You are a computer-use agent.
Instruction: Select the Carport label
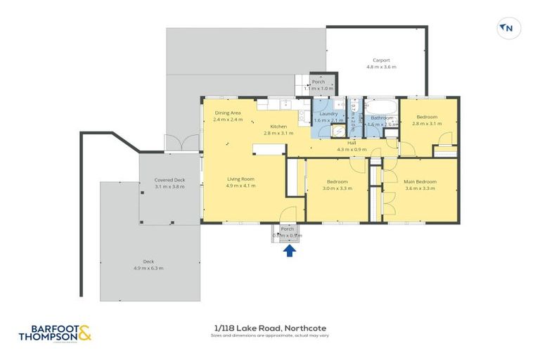(381, 61)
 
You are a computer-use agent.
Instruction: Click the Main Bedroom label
(420, 181)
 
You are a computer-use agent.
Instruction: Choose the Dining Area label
(228, 112)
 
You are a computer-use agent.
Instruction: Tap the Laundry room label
(328, 114)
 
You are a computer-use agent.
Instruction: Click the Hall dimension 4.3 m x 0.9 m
(352, 149)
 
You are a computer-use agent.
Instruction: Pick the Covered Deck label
(169, 180)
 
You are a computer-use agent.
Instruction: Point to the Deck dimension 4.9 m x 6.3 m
(148, 268)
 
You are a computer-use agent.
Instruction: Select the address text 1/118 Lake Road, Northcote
(270, 328)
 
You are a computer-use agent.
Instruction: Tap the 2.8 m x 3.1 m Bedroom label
(426, 117)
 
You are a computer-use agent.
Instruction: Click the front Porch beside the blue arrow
(287, 231)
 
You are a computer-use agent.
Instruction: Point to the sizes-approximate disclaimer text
(270, 335)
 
